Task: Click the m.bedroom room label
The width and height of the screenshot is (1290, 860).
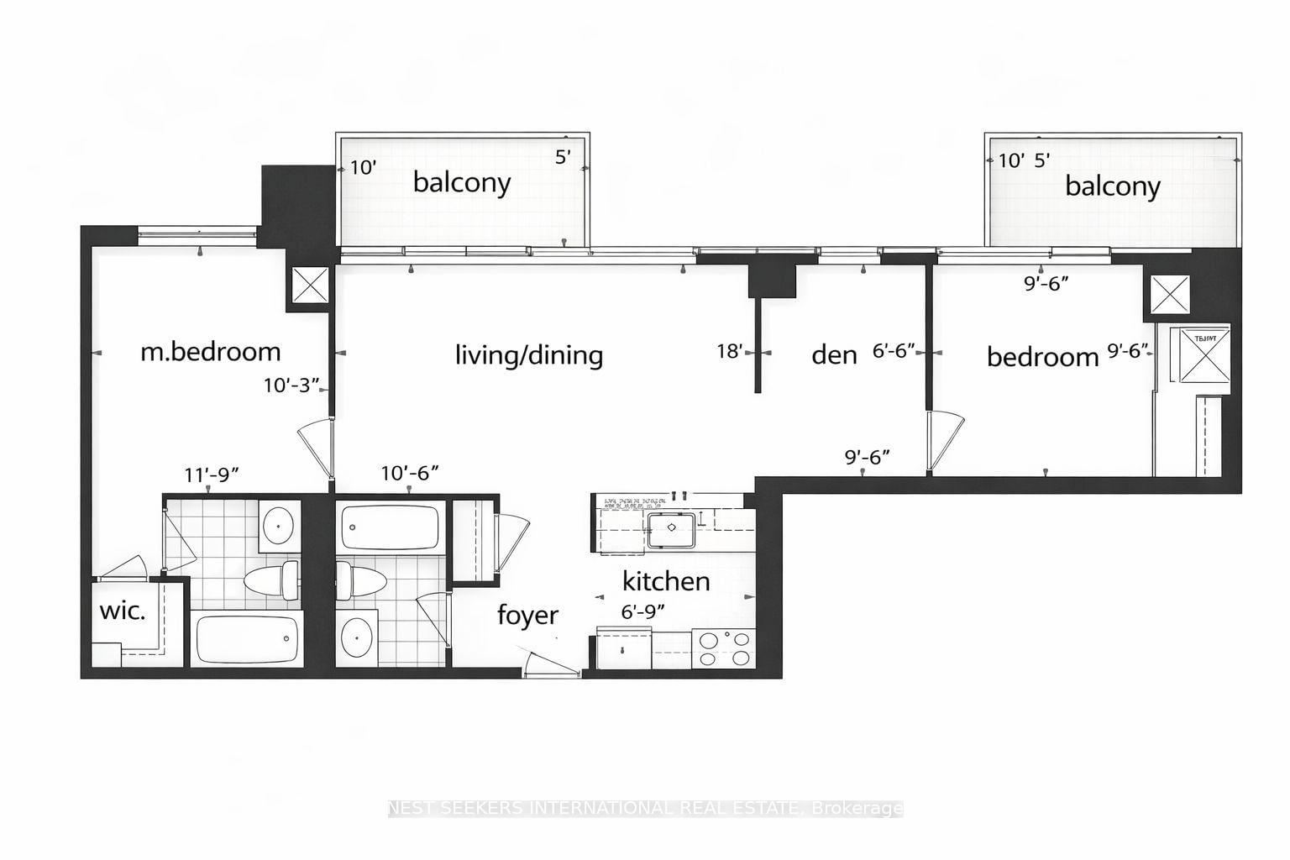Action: pos(210,351)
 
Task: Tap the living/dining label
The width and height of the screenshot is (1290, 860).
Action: pos(528,354)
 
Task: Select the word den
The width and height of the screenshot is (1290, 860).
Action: pos(834,354)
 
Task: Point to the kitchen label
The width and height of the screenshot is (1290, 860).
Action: pos(665,581)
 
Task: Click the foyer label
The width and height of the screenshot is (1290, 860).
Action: pos(527,615)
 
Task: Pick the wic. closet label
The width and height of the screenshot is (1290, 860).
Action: pos(123,611)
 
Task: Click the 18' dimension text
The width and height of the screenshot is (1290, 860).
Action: pos(730,351)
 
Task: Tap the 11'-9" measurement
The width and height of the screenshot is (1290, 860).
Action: pos(212,475)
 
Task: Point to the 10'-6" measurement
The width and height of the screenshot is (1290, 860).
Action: pos(410,474)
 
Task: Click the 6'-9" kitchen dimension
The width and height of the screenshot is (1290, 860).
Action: pos(642,612)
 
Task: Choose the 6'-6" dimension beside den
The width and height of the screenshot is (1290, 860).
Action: pos(893,351)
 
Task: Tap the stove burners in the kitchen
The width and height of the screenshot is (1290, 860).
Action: pos(725,648)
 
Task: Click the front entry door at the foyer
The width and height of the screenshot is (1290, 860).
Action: pos(551,664)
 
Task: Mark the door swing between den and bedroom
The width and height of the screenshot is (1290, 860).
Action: pos(946,440)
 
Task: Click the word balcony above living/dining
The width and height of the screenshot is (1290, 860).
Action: pos(461,182)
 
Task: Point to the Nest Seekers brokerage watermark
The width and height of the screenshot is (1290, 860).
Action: pos(645,809)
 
